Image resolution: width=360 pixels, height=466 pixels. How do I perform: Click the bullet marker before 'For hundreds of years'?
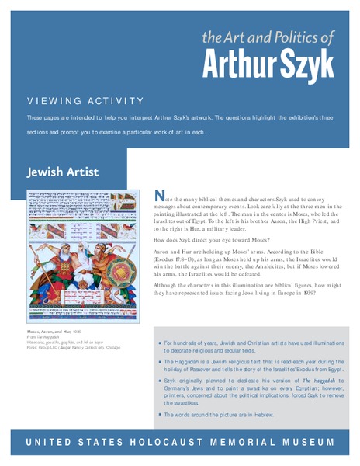158,342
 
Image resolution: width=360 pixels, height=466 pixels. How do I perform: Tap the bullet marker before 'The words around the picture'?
158,415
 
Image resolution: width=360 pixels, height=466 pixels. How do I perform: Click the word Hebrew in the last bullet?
261,415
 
